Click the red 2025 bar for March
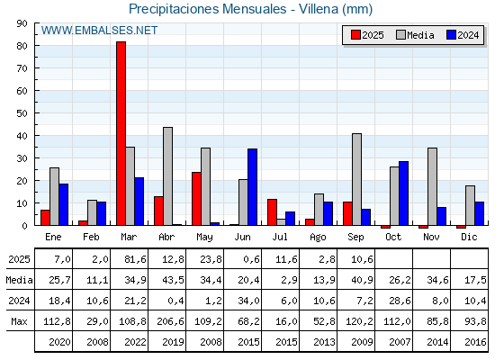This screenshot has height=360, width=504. (x=121, y=133)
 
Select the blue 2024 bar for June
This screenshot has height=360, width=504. (x=252, y=187)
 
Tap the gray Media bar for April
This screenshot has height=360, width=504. (x=167, y=176)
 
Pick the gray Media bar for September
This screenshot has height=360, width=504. (x=356, y=179)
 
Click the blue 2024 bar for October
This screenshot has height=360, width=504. (x=403, y=193)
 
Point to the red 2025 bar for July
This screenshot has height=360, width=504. (x=272, y=212)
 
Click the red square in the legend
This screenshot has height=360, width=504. (x=355, y=35)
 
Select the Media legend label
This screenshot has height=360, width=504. (x=420, y=35)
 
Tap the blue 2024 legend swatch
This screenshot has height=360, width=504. (x=451, y=35)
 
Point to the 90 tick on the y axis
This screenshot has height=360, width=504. (x=22, y=23)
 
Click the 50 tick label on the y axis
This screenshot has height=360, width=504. (x=22, y=113)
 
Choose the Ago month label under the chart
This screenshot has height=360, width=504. (x=318, y=238)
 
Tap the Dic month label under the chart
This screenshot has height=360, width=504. (x=469, y=237)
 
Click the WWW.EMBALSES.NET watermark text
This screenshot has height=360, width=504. (x=99, y=31)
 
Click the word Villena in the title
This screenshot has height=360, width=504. (x=319, y=9)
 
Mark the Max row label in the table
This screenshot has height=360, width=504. (x=19, y=321)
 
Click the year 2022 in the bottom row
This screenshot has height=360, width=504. (x=135, y=342)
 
